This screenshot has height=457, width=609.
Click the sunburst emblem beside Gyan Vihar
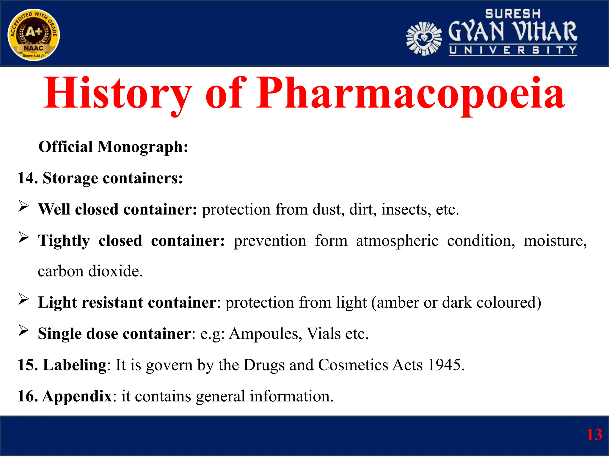424,39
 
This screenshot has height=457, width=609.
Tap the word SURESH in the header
513,14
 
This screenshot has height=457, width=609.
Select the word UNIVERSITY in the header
513,50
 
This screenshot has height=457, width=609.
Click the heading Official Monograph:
113,147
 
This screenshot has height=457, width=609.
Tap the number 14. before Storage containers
27,178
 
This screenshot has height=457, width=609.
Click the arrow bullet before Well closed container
23,206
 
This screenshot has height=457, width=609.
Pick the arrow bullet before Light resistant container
23,299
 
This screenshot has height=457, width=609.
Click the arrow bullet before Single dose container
23,330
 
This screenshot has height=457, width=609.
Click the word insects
406,209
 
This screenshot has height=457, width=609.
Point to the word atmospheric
397,241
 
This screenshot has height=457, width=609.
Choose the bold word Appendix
77,396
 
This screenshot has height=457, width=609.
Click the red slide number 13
594,435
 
